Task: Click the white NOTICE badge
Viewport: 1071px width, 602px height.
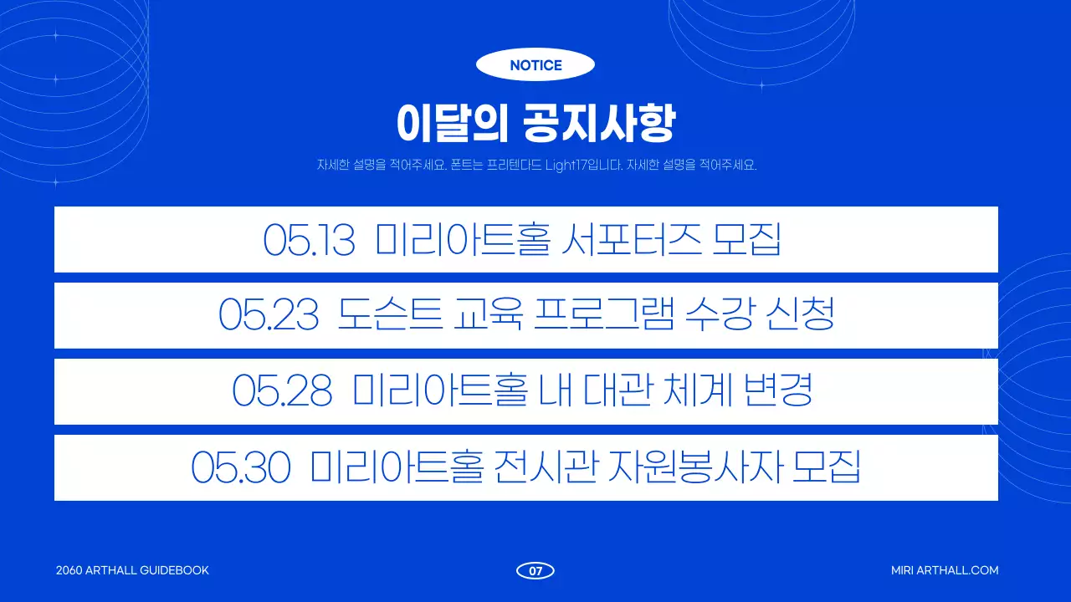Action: [x=535, y=65]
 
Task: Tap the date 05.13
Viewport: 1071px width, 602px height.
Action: [x=309, y=240]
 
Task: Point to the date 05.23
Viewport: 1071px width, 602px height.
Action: [x=269, y=316]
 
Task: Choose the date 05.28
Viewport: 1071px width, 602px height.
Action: [x=282, y=392]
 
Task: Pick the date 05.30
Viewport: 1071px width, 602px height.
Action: [x=241, y=468]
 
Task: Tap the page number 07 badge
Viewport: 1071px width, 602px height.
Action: [x=535, y=571]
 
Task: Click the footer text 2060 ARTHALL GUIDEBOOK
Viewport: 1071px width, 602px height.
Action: [x=132, y=570]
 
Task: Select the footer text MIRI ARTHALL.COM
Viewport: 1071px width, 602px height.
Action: [x=945, y=570]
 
